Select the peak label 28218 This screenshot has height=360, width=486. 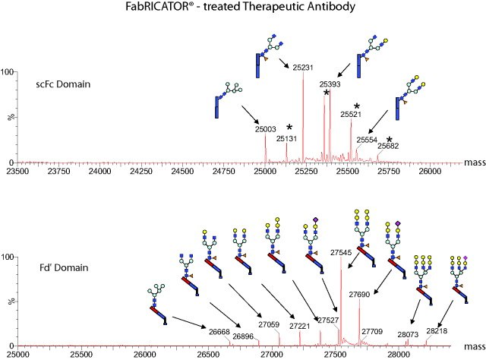(437, 331)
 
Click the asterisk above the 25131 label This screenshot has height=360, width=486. (289, 128)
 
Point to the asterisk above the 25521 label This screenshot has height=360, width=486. (356, 106)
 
